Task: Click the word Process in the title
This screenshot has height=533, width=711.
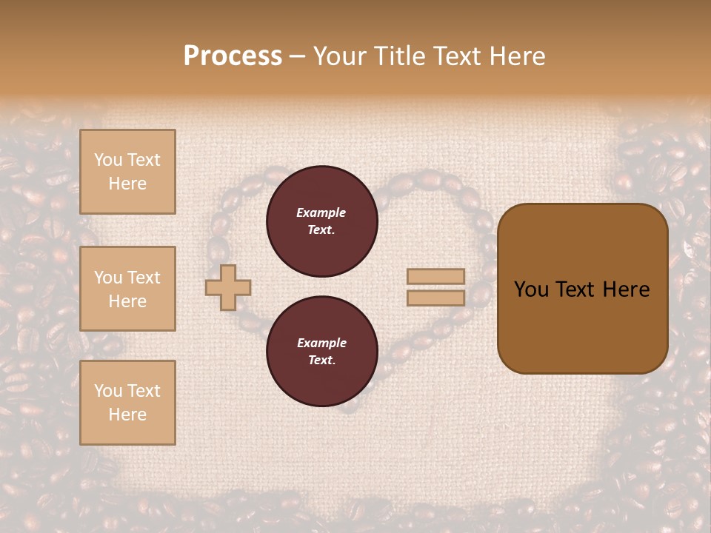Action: (233, 56)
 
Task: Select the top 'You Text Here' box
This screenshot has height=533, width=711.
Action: (127, 172)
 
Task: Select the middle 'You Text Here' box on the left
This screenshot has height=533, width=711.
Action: (127, 289)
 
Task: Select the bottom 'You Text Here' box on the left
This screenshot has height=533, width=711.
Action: (127, 403)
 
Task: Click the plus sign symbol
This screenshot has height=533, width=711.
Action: (228, 287)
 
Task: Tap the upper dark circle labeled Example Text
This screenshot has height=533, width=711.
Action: (321, 221)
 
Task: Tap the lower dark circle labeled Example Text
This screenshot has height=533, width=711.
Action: (321, 352)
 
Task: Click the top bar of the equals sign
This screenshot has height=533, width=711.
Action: (435, 277)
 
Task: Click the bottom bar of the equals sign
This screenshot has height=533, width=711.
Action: (435, 298)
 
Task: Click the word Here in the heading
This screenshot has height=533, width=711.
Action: (518, 56)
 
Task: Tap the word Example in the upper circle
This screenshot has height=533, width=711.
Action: (321, 213)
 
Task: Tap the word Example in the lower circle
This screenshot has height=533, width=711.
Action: (321, 343)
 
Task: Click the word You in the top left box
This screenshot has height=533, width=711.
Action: (108, 160)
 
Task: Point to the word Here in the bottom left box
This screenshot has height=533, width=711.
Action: (127, 415)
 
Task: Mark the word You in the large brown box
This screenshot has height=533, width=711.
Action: (531, 289)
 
